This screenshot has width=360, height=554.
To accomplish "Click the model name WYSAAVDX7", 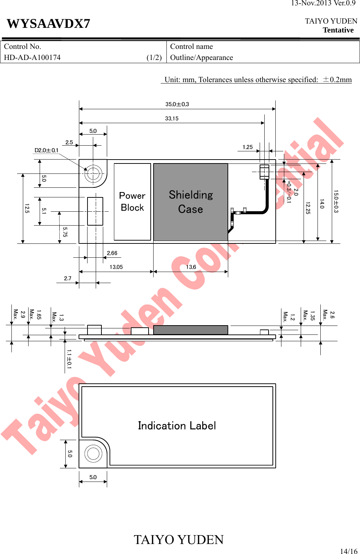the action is tap(48, 24).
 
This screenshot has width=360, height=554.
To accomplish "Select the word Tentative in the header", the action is tap(338, 30).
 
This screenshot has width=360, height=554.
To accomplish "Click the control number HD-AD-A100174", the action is tap(32, 57).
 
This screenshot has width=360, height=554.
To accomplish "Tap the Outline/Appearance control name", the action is tap(201, 57).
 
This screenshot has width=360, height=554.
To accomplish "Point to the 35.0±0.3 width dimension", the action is tap(177, 104).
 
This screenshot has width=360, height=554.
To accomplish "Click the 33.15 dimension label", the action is tap(172, 119).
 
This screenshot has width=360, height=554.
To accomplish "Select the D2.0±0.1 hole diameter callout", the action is tap(46, 150).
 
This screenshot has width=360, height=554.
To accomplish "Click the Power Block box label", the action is tap(132, 201).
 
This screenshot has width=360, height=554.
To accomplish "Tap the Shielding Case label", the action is tap(191, 202).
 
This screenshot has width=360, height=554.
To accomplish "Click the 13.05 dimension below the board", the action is tap(116, 267).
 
